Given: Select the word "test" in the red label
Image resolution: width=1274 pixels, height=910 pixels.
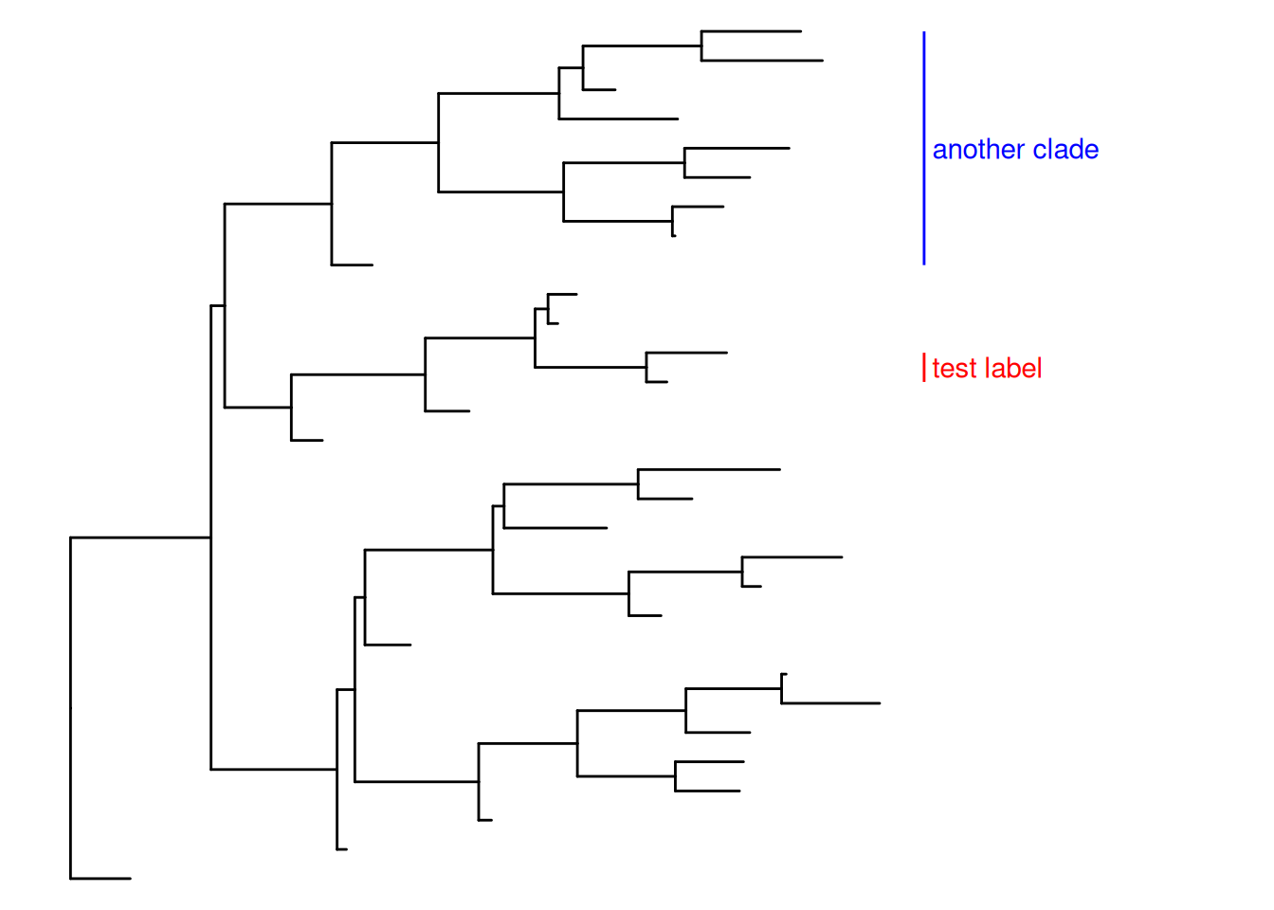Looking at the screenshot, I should click(x=953, y=369).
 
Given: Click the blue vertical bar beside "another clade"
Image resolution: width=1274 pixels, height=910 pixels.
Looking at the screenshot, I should click(x=924, y=148).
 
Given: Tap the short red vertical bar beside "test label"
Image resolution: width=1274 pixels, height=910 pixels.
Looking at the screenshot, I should click(x=924, y=368).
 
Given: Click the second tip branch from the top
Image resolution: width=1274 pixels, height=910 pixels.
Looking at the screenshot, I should click(x=762, y=61).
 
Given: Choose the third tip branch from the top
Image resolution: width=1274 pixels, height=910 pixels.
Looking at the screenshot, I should click(x=599, y=90).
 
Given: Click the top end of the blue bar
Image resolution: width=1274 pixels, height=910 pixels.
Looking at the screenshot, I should click(x=924, y=33).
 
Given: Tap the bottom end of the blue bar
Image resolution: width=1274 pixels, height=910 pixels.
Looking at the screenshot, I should click(x=924, y=263).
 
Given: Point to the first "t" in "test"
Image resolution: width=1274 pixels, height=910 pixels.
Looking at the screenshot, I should click(x=937, y=369).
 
